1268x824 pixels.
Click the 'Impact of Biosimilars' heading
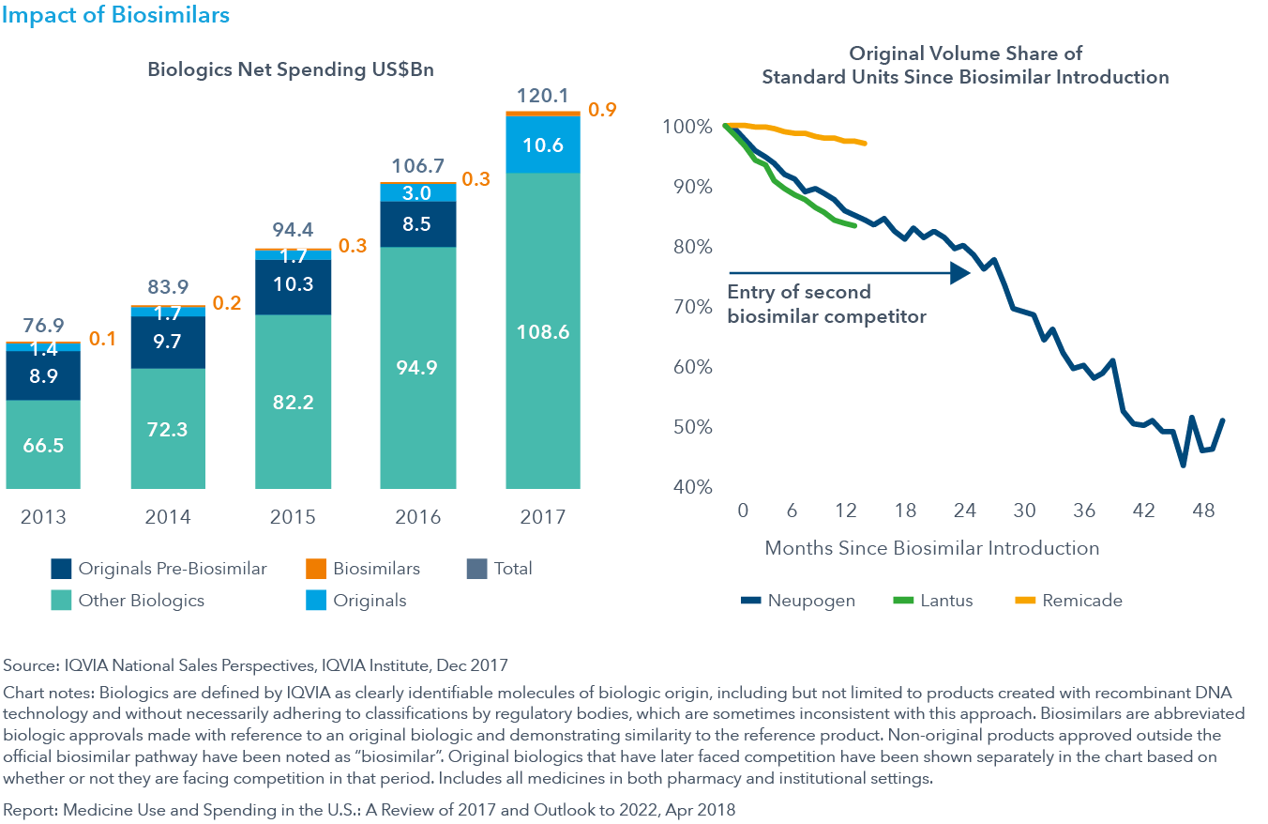(116, 16)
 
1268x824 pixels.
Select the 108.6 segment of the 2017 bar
(543, 331)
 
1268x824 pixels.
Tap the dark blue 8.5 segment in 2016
(418, 224)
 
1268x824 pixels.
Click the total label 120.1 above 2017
(543, 96)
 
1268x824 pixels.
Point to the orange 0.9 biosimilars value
(601, 111)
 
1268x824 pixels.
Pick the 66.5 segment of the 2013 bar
(43, 444)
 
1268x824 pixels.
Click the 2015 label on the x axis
(293, 517)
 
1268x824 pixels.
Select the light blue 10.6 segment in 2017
(543, 144)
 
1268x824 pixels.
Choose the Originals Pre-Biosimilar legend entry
(158, 569)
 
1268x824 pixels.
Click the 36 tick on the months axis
(1084, 511)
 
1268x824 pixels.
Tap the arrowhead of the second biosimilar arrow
(960, 273)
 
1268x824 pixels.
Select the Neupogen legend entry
(797, 601)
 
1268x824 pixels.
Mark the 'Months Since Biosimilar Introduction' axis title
(931, 547)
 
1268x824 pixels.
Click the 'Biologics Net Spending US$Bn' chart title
(291, 69)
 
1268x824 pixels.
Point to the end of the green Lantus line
(854, 226)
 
